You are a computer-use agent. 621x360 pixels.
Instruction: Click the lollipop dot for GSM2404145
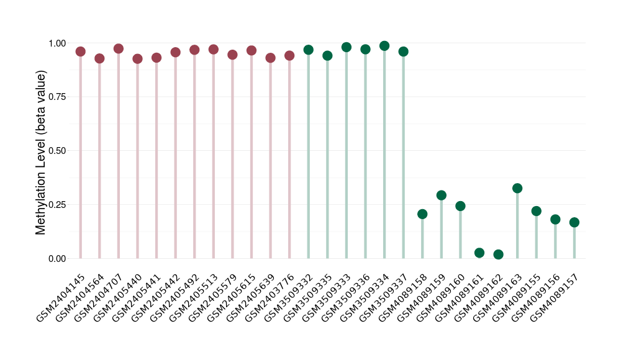click(80, 52)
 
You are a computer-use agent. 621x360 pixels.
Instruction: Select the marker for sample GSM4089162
click(498, 254)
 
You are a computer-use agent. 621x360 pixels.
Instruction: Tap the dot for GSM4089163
click(517, 188)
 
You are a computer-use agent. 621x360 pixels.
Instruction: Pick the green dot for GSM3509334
click(384, 46)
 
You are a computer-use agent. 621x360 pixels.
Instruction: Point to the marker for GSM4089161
click(479, 253)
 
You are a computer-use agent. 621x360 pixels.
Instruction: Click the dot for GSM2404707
click(119, 48)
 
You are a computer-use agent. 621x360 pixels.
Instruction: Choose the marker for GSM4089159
click(442, 196)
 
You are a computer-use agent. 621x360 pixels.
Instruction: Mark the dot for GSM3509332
click(309, 50)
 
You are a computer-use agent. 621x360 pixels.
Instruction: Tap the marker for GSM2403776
click(289, 55)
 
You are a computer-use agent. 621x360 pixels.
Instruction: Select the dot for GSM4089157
click(574, 222)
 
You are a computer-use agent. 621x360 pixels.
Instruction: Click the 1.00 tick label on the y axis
click(57, 43)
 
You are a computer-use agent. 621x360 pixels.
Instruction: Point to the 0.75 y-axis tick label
click(57, 97)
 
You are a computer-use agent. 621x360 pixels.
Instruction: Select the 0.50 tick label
click(57, 151)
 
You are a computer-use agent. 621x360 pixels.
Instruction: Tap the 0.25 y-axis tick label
click(57, 205)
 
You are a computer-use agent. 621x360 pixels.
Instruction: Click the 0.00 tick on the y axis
click(57, 258)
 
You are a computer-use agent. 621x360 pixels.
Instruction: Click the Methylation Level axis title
click(41, 152)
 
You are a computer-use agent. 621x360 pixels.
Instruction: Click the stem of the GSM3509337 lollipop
click(404, 155)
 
